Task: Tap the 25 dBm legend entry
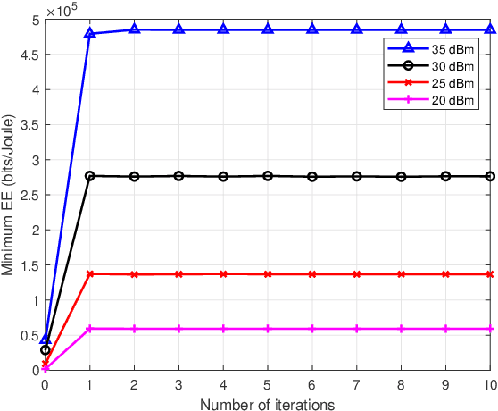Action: coord(431,84)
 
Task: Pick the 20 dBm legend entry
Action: coord(431,100)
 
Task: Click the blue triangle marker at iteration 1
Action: coord(89,34)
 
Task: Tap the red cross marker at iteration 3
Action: coord(178,274)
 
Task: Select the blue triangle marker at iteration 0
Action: coord(46,339)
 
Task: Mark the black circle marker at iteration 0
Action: coord(46,350)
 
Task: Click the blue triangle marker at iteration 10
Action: coord(490,29)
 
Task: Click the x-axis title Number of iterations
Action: coord(268,404)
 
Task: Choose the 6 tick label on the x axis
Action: coord(312,385)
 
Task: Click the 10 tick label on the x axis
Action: coord(489,385)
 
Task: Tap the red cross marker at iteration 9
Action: coord(445,274)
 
